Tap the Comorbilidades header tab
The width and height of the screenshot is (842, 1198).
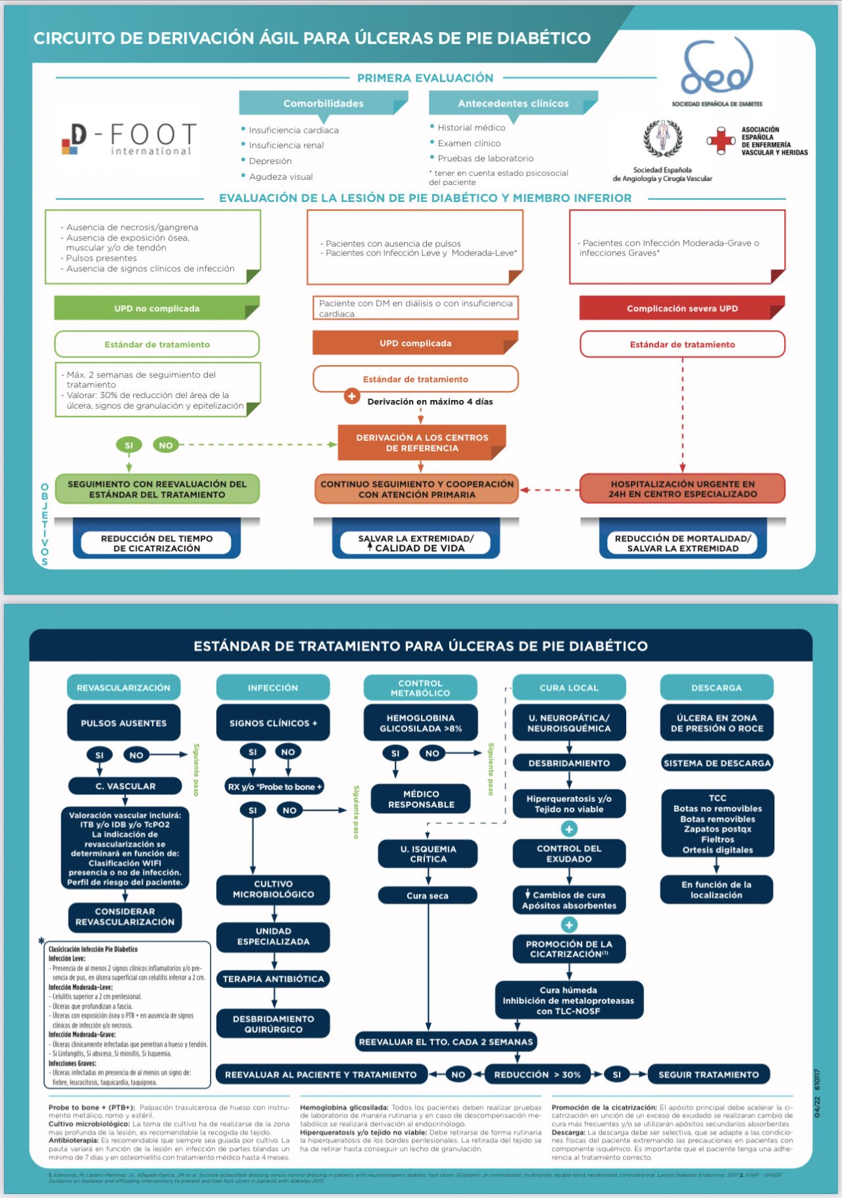coord(323,103)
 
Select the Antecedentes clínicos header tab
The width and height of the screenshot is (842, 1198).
coord(513,103)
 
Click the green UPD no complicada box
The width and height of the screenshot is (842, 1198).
coord(157,309)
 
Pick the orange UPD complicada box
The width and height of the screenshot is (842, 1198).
coord(415,343)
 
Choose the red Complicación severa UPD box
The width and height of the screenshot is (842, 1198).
coord(682,309)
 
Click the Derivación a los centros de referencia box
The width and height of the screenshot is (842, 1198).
coord(422,443)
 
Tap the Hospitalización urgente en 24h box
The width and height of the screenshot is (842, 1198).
coord(682,489)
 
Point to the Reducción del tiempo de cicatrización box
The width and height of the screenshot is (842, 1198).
coord(157,543)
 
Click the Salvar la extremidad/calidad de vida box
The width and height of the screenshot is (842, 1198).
coord(416,543)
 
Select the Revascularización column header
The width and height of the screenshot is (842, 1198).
coord(124,687)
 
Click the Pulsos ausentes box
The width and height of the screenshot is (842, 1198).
coord(124,723)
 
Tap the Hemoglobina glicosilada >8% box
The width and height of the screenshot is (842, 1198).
coord(420,723)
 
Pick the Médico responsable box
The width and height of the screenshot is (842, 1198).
coord(421,799)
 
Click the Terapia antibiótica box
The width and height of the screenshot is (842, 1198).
coord(273,979)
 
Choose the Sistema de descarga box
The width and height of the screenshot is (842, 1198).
coord(716,763)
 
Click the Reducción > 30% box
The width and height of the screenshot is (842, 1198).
coord(537,1075)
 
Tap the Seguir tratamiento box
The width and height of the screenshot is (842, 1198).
coord(708,1075)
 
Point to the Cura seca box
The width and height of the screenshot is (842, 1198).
coord(428,895)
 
